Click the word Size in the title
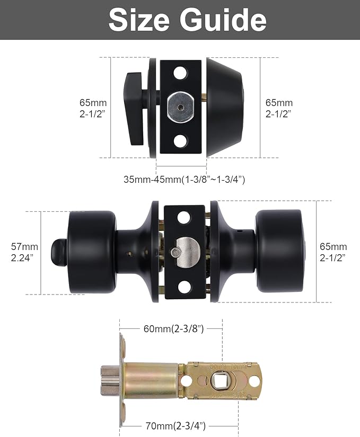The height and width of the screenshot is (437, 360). (138, 20)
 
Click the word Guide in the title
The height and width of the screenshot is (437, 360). (222, 20)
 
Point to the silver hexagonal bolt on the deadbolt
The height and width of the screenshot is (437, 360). (180, 107)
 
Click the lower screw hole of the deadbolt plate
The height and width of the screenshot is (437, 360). (181, 141)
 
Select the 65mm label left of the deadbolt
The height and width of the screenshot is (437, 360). (93, 108)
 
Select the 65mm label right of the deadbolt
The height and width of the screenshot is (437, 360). (279, 108)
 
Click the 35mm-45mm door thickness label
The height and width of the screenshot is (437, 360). (184, 179)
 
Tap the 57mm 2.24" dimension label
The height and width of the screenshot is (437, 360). (24, 252)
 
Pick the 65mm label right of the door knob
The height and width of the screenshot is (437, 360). (333, 252)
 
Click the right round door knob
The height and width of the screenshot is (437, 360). (279, 251)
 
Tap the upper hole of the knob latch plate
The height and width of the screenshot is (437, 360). (183, 217)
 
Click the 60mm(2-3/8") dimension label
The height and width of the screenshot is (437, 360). (173, 328)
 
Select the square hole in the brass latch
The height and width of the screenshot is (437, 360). (218, 380)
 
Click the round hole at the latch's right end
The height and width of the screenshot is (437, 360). (254, 381)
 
